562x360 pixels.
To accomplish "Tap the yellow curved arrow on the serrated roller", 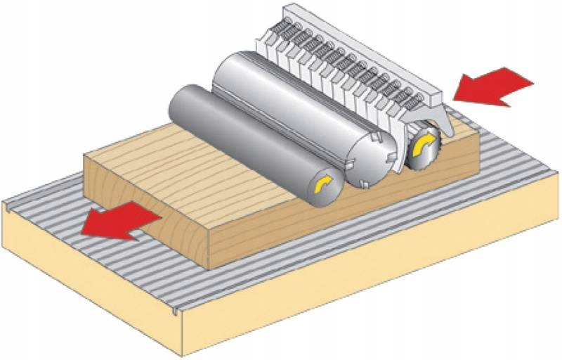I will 424,146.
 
